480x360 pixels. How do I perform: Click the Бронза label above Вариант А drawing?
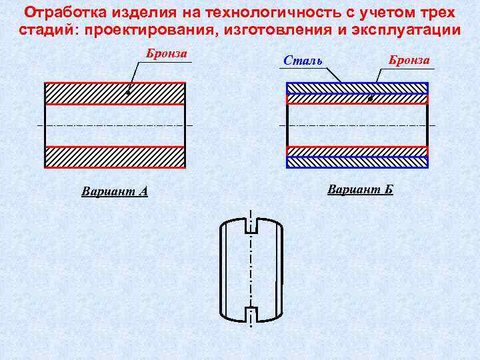point(167,54)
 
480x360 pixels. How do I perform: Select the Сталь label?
point(303,61)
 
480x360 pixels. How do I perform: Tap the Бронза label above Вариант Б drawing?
point(409,60)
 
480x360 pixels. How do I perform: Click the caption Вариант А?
point(115,192)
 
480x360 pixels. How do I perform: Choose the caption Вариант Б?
point(360,189)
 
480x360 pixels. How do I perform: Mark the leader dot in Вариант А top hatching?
point(128,93)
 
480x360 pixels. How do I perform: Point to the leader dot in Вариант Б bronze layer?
point(370,99)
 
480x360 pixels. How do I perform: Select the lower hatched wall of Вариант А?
point(115,157)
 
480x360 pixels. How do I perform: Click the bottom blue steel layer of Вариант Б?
point(357,161)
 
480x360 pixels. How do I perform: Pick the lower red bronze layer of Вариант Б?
point(357,151)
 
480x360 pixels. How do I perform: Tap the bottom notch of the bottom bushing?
point(251,313)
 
